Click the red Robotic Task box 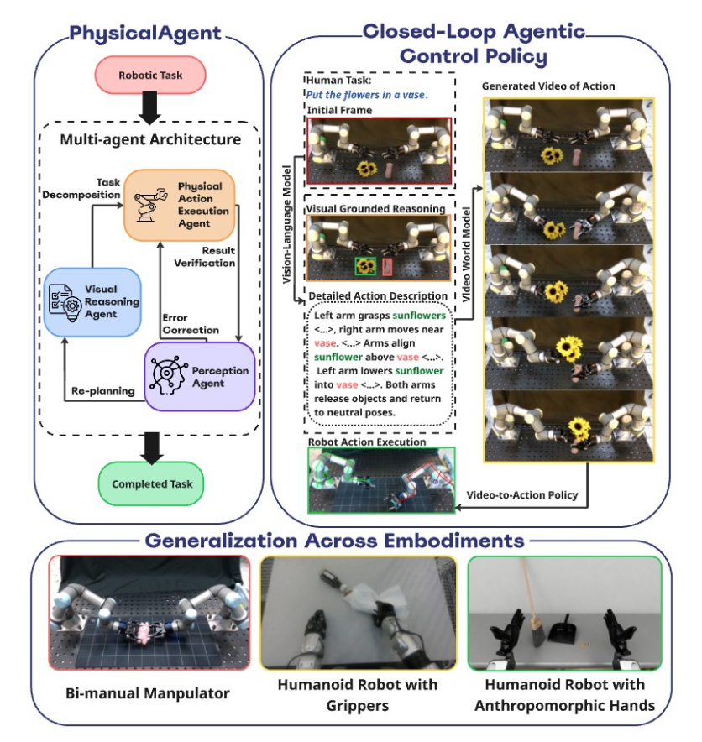[x=151, y=75]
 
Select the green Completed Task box [x=151, y=483]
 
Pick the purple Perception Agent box [x=200, y=375]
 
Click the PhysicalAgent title [x=145, y=34]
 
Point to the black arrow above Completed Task [x=151, y=447]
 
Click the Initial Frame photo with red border [x=380, y=149]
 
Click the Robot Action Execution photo [x=381, y=479]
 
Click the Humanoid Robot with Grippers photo [x=359, y=612]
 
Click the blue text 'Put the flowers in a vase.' [x=367, y=95]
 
